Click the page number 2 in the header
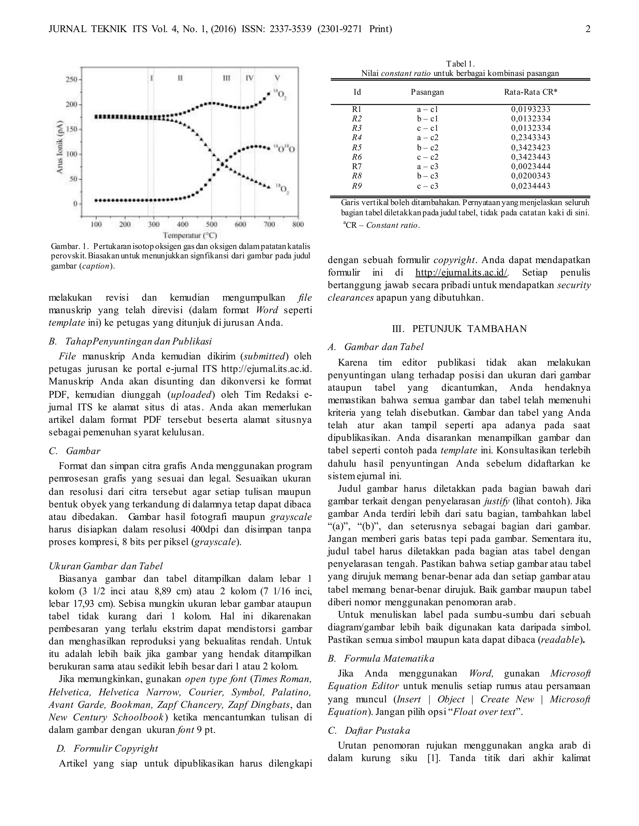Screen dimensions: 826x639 (588, 29)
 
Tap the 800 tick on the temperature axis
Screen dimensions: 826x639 (298, 225)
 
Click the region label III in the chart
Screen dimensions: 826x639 (227, 78)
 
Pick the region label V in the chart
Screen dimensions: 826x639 (277, 78)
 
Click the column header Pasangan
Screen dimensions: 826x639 (427, 92)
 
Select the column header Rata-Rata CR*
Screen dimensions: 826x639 (530, 92)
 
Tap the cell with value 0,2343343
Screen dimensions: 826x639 (530, 138)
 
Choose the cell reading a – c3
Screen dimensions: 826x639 (427, 166)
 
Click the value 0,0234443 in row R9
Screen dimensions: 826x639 (530, 186)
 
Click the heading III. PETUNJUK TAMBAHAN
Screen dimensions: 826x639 (459, 329)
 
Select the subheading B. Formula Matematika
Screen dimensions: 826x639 (381, 658)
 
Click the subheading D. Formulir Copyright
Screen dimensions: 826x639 (107, 748)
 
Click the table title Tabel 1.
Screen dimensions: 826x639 (460, 64)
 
